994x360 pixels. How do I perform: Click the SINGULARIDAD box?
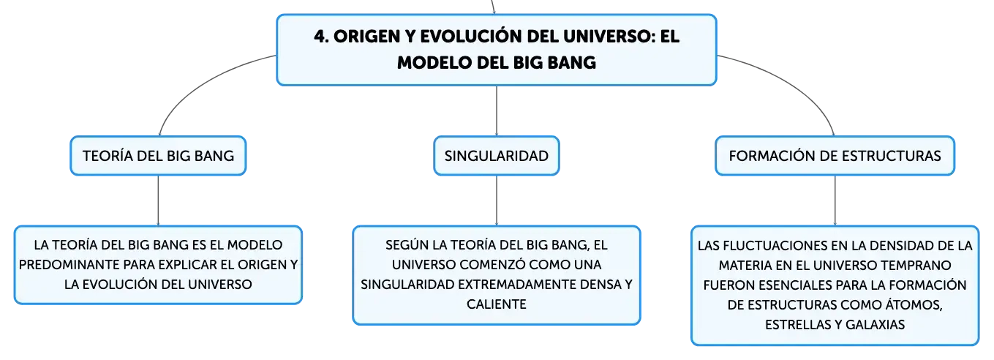point(496,156)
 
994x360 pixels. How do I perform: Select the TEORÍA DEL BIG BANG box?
point(158,156)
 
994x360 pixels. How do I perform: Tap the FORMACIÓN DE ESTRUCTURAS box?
point(835,156)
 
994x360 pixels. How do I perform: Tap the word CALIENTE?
point(496,304)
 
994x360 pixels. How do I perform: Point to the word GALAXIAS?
point(875,324)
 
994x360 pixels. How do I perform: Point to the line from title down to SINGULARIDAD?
point(496,110)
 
